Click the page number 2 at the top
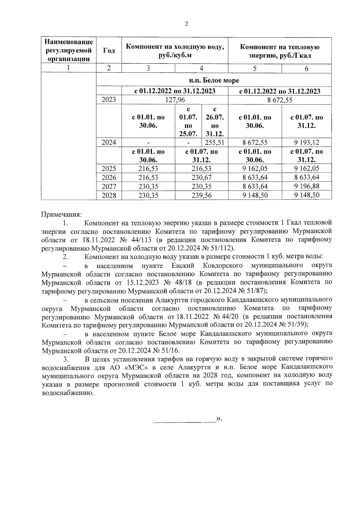click(186, 24)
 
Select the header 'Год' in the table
click(109, 50)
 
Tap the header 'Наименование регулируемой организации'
click(69, 50)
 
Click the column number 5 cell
click(255, 69)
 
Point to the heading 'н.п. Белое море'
click(214, 80)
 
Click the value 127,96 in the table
click(175, 100)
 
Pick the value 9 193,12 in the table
click(306, 142)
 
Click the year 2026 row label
click(109, 177)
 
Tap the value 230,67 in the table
click(201, 177)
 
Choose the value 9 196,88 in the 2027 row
click(306, 186)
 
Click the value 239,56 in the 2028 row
click(201, 195)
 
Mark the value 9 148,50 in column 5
click(255, 195)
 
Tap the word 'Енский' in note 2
click(183, 266)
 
